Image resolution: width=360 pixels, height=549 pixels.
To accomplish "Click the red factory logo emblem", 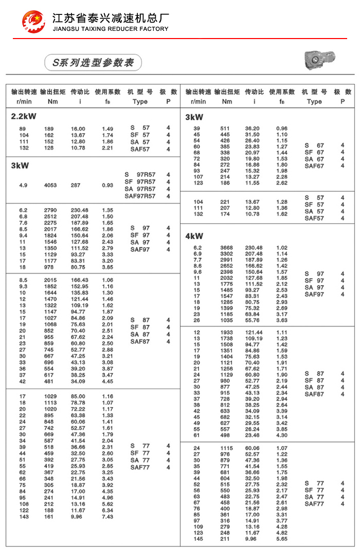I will click(x=33, y=21).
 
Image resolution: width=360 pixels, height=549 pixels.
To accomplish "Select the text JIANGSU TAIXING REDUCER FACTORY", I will click(x=111, y=29).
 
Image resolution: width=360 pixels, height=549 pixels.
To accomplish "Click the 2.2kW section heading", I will click(x=24, y=116).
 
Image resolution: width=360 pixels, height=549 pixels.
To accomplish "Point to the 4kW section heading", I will click(x=194, y=236).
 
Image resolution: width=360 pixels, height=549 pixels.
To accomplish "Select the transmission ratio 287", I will click(x=76, y=185).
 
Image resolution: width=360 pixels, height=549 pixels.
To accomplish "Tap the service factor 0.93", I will click(x=107, y=185).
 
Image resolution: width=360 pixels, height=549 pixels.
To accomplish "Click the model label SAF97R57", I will click(x=140, y=196).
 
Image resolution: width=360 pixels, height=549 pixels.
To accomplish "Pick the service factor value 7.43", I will click(x=107, y=517).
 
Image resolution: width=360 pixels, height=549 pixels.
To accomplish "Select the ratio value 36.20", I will click(x=252, y=128).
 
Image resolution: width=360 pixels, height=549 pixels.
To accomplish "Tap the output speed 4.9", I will click(x=23, y=185).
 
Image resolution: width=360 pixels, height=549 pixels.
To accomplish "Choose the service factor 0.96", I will click(x=282, y=128).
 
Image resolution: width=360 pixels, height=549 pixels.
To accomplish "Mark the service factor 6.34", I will click(x=107, y=510).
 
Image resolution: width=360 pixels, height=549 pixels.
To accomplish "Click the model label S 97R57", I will click(x=140, y=175).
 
